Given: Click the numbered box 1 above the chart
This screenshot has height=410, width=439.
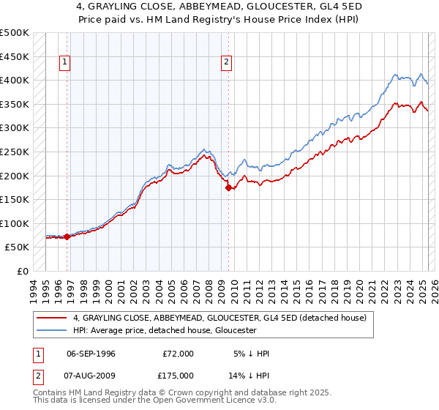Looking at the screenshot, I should pos(65,63).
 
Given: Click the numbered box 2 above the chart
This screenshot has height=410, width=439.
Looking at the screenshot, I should pos(227,63).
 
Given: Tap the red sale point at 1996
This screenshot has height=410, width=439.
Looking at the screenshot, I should pos(67,236).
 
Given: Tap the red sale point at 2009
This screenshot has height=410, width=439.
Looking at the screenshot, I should pos(228,187).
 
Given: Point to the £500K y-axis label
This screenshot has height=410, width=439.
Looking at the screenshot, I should pos(15,33).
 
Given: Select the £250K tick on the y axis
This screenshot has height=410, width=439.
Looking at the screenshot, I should pos(15,152).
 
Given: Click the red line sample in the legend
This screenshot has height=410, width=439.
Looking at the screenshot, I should pos(52,317).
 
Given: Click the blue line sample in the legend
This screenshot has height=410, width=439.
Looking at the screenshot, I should pos(52,330).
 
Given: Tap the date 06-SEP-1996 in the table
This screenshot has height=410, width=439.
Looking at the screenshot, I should pos(91,354).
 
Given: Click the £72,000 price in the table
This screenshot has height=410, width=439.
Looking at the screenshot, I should pos(178,354).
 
